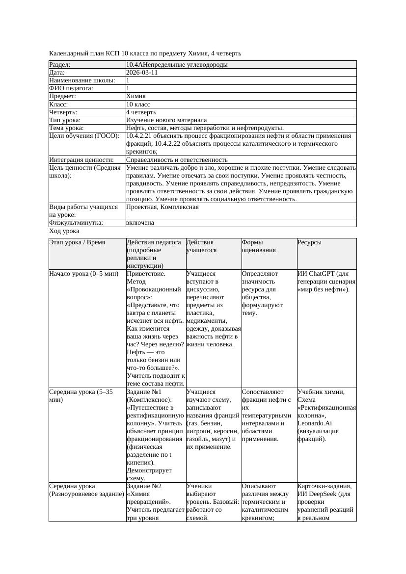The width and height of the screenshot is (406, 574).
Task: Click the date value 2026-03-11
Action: pos(142,73)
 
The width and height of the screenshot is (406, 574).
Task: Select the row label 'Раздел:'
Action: pos(60,65)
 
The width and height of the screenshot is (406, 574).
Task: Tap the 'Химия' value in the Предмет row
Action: pos(136,97)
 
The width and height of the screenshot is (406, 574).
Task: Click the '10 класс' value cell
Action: pos(138,104)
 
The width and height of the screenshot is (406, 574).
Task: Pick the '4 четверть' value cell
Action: pos(141,112)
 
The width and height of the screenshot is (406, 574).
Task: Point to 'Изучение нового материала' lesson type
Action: pos(166,120)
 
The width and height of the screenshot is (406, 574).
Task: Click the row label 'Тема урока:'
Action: pos(67,128)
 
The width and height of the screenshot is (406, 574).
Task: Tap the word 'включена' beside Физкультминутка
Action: pos(140,223)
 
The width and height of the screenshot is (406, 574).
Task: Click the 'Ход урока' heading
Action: pos(64,231)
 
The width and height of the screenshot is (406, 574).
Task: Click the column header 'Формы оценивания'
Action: pos(259,246)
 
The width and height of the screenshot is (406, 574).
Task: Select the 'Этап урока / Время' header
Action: pos(77,242)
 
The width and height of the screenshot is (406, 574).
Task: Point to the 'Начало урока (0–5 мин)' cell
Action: pos(84,274)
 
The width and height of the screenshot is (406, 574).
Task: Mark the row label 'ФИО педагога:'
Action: pos(71,88)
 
